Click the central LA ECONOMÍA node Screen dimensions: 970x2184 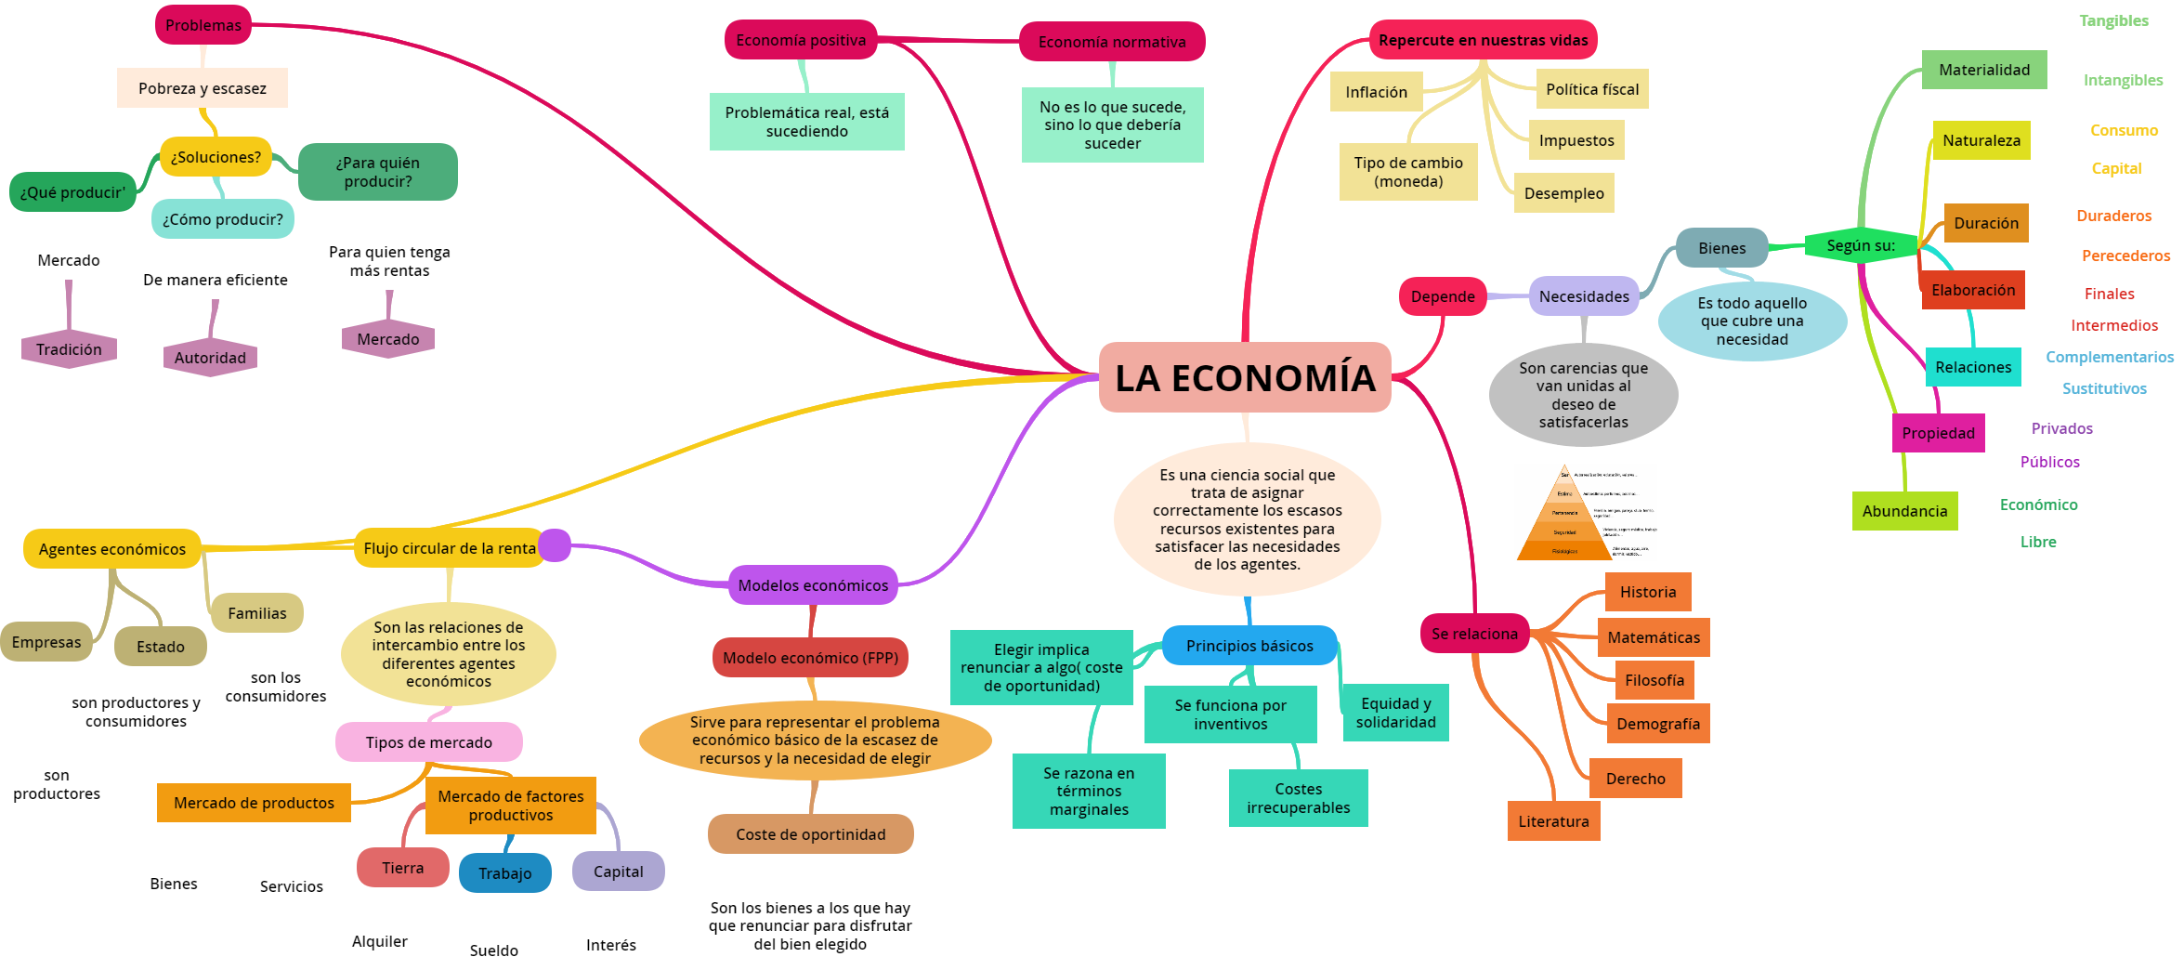(1244, 377)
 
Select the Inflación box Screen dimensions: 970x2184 (1376, 92)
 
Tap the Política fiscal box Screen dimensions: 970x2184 (1591, 89)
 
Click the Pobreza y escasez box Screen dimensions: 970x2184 (202, 88)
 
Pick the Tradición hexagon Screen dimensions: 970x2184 (69, 349)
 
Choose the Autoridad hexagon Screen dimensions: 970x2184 (210, 358)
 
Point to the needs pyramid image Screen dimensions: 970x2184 (1585, 512)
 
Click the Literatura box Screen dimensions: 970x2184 (1553, 821)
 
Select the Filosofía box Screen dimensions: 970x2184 (1654, 680)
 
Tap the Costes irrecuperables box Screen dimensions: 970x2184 (1298, 798)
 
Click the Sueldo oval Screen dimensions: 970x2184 (493, 950)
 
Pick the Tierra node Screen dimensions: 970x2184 (402, 868)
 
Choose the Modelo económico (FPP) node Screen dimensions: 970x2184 (810, 658)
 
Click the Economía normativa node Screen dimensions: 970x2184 (1111, 42)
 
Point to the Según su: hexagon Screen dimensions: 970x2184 (1860, 245)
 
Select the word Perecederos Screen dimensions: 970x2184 (2125, 256)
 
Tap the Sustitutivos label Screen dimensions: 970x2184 (2104, 388)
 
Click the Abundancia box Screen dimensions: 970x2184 (1904, 511)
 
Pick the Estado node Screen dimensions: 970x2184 (160, 647)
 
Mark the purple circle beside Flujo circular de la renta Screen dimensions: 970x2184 (555, 545)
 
